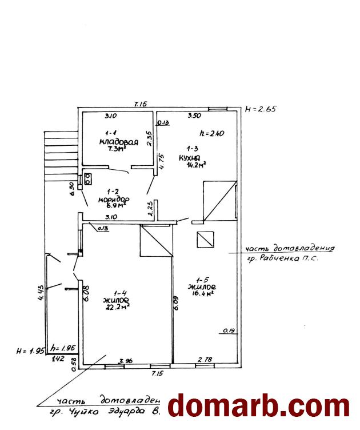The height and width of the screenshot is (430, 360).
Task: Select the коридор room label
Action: [x=113, y=200]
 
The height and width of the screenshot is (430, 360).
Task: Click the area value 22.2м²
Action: [x=116, y=306]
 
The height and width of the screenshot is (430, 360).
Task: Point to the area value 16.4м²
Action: [x=202, y=294]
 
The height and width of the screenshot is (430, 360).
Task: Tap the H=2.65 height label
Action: [x=260, y=109]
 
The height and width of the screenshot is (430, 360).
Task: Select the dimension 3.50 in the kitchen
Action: [x=195, y=116]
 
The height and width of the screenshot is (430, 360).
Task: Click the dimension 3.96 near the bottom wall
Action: [x=125, y=361]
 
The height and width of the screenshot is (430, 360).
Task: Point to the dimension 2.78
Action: [x=205, y=360]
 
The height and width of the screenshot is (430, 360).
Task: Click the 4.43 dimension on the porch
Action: [x=40, y=293]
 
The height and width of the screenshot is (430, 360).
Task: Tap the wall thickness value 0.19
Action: [x=229, y=330]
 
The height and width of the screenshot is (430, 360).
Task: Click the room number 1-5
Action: [x=201, y=278]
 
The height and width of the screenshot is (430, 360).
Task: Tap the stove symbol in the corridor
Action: [x=89, y=179]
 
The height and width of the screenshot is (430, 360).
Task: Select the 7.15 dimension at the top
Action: [x=141, y=103]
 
